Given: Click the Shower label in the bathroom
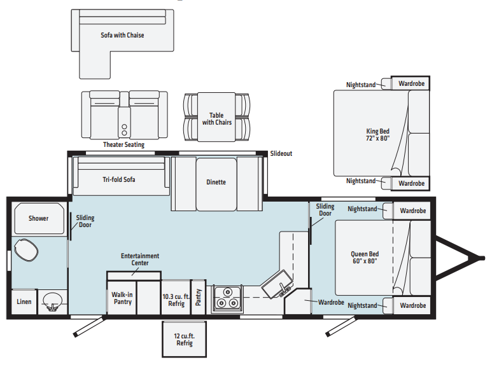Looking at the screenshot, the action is (x=38, y=218).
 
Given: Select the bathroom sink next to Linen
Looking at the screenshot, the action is (x=52, y=301).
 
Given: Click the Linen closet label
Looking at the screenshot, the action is (x=24, y=301).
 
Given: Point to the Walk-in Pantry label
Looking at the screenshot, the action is (x=122, y=298).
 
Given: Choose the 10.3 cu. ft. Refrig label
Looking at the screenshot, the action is (x=176, y=300).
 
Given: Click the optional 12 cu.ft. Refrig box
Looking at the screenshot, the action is (x=185, y=340).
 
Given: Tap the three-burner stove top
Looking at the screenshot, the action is (x=227, y=298).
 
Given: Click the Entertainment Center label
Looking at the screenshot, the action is (x=140, y=260).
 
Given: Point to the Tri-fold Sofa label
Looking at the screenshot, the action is (x=118, y=179).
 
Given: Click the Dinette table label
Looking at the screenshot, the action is (x=216, y=182).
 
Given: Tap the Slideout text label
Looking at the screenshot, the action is (x=281, y=154).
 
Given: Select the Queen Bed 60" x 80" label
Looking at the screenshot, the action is (x=365, y=257).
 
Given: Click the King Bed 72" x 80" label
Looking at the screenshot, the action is (x=378, y=135).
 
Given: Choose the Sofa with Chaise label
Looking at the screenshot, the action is (x=122, y=36).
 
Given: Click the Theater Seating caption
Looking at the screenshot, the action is (x=123, y=145).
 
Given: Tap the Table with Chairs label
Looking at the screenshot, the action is (x=216, y=118).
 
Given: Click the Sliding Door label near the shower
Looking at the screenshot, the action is (x=85, y=221).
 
